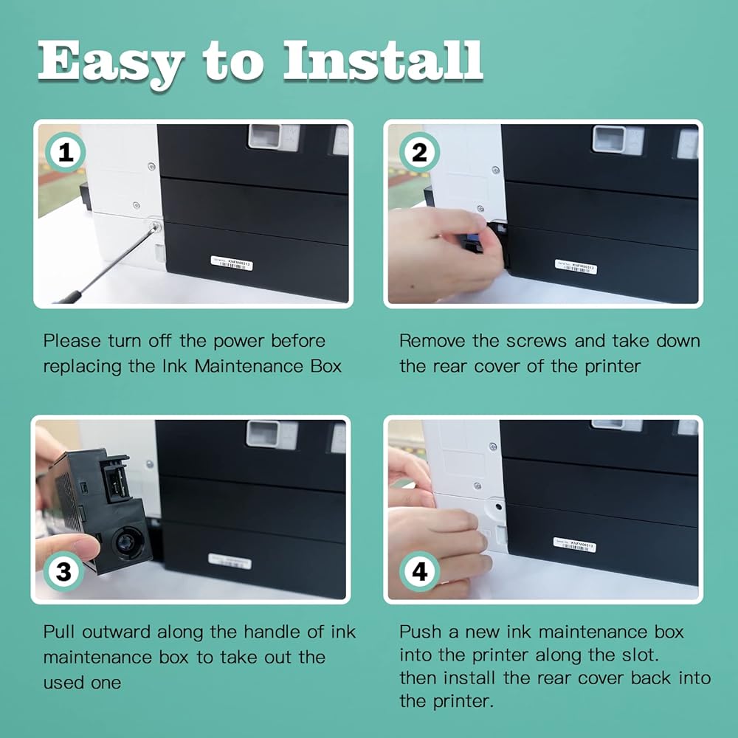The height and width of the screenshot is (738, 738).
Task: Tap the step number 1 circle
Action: point(65,153)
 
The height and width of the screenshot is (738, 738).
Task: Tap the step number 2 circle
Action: point(419,153)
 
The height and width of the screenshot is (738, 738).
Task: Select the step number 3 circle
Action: point(63,571)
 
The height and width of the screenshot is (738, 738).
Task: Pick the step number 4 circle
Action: point(419,571)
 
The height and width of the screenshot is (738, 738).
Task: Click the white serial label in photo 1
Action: point(232,263)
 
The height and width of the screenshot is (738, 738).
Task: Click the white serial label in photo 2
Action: point(576,266)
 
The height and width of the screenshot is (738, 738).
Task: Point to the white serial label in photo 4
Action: point(575,545)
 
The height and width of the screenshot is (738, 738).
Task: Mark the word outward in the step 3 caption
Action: point(116,632)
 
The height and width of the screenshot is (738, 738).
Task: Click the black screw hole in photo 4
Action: point(499,507)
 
